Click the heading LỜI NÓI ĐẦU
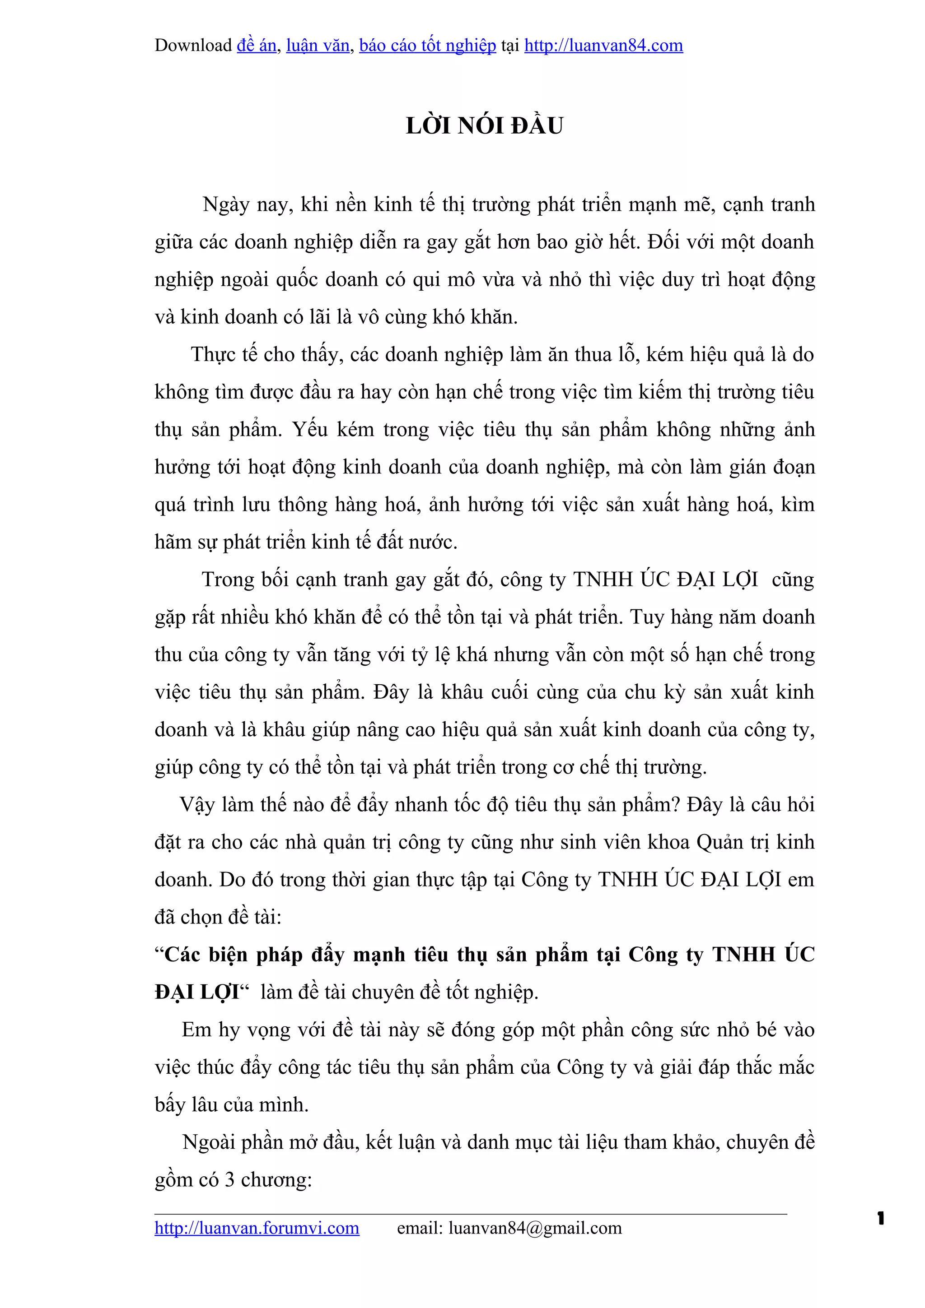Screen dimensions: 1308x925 click(485, 126)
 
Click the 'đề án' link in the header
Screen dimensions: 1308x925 click(257, 46)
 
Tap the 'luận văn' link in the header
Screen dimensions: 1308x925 click(318, 46)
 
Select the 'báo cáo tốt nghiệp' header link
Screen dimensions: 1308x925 click(427, 46)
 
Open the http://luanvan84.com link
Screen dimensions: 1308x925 click(603, 46)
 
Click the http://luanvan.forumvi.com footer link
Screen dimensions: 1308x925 click(257, 1228)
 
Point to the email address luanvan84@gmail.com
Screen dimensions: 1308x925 click(535, 1228)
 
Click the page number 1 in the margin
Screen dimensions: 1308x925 click(881, 1219)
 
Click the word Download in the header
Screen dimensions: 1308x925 click(193, 46)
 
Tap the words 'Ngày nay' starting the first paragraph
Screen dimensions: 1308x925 click(248, 204)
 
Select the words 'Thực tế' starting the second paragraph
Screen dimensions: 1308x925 click(224, 355)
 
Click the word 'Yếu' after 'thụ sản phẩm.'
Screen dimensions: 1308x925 click(311, 430)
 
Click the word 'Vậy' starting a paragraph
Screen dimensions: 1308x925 click(197, 805)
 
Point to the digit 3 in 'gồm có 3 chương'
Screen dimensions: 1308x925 click(230, 1180)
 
